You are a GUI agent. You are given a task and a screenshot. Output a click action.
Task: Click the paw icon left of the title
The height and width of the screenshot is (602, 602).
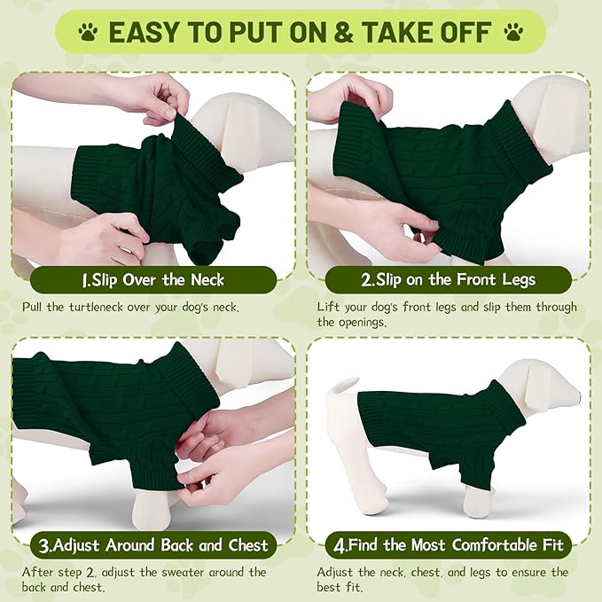tap(89, 33)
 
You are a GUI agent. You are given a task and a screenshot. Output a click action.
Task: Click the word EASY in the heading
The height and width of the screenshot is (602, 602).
tap(145, 33)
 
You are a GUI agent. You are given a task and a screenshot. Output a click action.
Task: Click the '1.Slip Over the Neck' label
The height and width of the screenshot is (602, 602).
tap(152, 280)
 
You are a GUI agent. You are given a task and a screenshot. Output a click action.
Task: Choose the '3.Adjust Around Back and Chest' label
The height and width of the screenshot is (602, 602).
tap(152, 543)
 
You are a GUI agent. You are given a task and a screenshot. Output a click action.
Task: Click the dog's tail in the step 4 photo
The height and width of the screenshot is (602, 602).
tap(342, 386)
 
